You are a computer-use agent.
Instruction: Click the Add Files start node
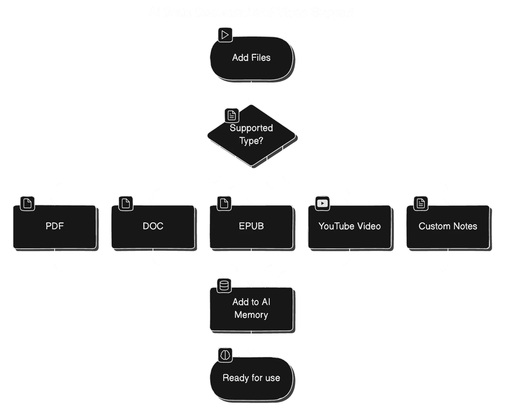point(251,58)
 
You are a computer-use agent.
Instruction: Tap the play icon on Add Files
point(225,35)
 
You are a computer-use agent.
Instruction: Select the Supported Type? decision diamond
point(251,135)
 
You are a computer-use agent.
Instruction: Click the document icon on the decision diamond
point(232,115)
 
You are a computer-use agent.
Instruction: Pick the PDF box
point(55,226)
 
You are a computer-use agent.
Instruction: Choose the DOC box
point(153,226)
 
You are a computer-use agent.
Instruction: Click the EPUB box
point(251,226)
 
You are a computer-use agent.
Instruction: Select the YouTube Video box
point(350,226)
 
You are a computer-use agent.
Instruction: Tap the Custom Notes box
point(448,226)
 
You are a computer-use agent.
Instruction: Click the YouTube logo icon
point(322,203)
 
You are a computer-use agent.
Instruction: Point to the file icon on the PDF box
point(27,203)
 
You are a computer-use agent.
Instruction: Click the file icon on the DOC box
point(125,203)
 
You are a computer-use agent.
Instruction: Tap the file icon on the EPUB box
point(224,203)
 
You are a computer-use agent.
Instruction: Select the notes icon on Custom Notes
point(421,203)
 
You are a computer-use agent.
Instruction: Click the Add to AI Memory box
point(251,309)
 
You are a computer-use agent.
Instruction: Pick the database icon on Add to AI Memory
point(224,285)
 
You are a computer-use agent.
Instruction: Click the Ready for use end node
point(251,378)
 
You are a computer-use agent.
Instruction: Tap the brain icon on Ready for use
point(225,355)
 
